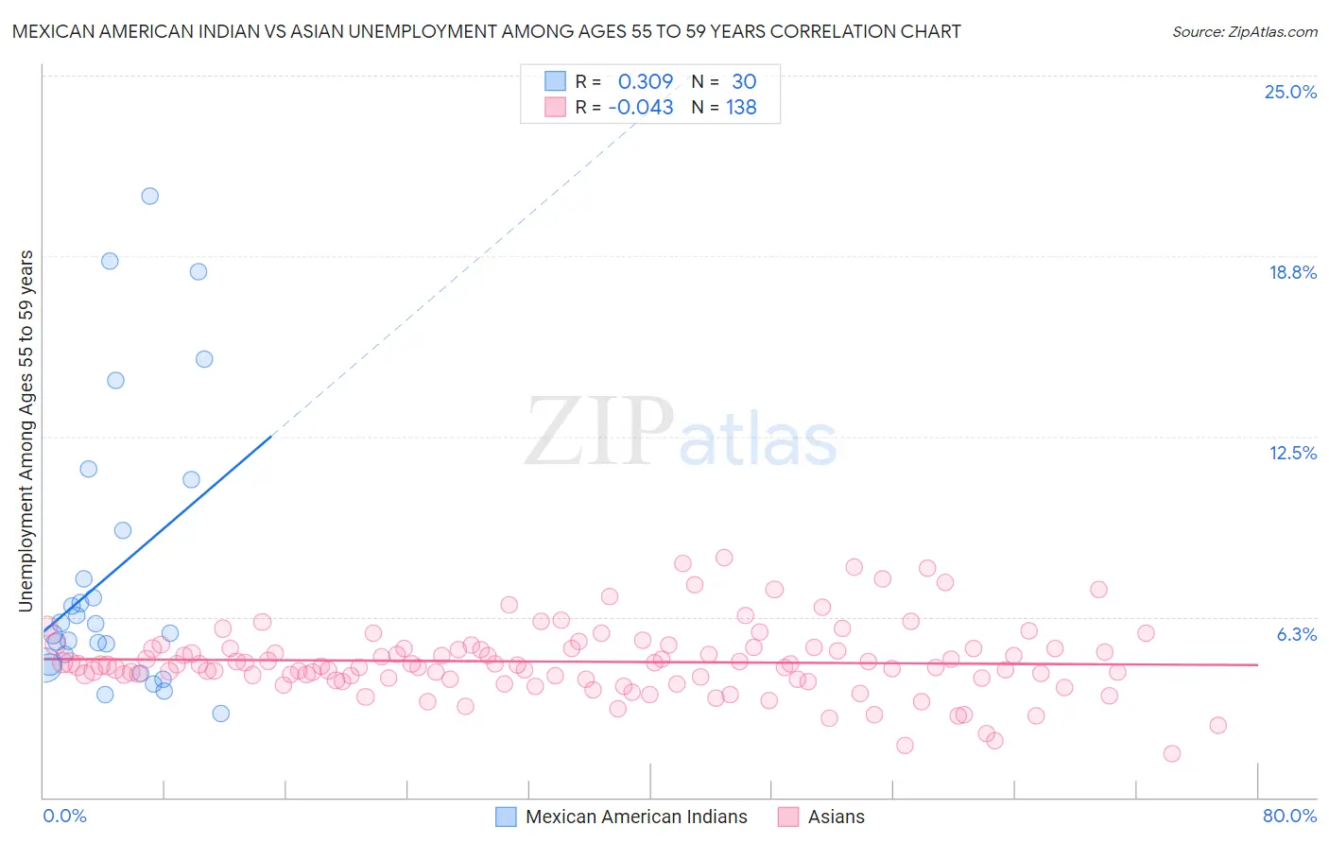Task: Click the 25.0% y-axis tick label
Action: pos(1290,92)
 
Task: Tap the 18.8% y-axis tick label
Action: pos(1292,272)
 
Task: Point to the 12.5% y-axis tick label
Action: pos(1292,453)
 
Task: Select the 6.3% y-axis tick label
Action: pos(1296,634)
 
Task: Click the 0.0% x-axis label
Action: pos(64,816)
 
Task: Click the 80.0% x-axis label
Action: pos(1289,816)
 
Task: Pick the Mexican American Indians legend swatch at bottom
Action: pos(507,817)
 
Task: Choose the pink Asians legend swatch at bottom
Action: pos(788,817)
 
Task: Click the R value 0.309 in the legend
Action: pos(645,81)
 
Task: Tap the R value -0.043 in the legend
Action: pos(641,108)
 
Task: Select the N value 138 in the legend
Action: pos(741,108)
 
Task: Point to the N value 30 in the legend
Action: pos(744,81)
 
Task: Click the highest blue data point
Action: pos(149,197)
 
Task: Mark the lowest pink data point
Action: pos(1172,753)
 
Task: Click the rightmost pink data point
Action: pos(1217,725)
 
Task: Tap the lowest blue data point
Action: pos(220,714)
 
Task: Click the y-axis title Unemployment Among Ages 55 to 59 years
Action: pos(26,431)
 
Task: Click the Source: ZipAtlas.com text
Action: pos(1244,32)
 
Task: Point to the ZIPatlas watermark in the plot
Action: pos(681,433)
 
